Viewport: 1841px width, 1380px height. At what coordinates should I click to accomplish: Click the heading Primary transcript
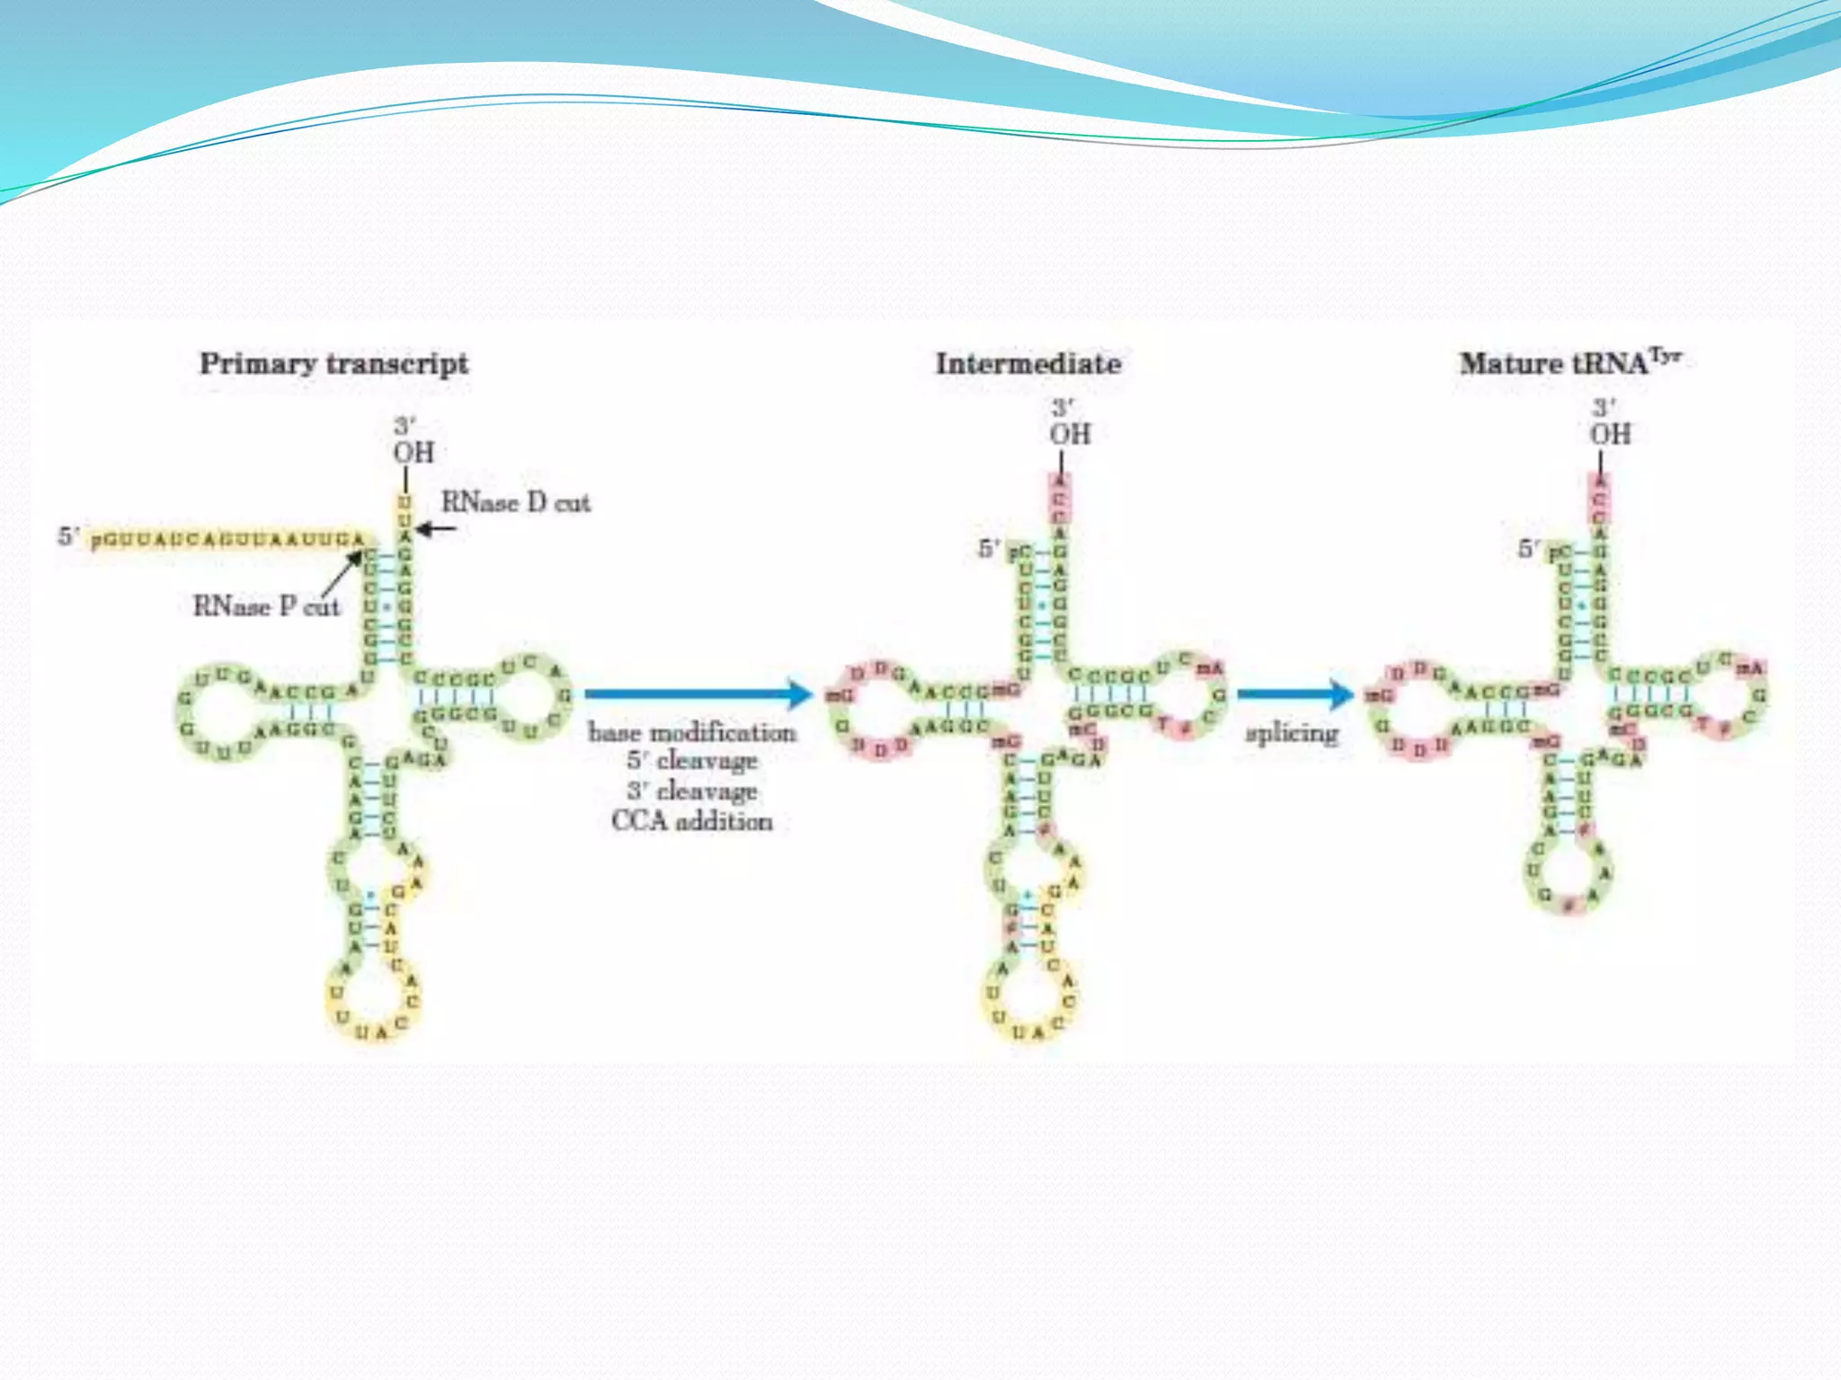click(334, 364)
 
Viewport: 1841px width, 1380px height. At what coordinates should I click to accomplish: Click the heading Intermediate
click(1028, 364)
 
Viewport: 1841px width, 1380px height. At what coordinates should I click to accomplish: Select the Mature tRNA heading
click(1569, 363)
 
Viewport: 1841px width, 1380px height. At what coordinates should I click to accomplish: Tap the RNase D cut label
click(516, 502)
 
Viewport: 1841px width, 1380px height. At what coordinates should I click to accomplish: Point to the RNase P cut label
click(266, 606)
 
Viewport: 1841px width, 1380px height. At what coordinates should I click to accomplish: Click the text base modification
click(692, 732)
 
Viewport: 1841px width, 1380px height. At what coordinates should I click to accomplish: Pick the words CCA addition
click(692, 821)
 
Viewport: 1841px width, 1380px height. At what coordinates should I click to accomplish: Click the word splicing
click(1292, 733)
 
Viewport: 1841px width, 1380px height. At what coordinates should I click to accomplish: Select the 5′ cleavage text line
click(692, 761)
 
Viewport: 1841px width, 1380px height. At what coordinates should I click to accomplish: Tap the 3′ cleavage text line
click(692, 792)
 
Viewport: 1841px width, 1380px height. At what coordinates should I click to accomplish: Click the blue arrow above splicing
click(1294, 694)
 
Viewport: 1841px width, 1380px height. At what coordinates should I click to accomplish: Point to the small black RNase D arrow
click(436, 528)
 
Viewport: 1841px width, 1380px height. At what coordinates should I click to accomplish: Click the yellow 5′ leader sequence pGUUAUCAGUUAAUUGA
click(230, 539)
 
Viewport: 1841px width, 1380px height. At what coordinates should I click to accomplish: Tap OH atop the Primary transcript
click(414, 452)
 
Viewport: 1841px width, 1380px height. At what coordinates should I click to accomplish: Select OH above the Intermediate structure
click(1070, 434)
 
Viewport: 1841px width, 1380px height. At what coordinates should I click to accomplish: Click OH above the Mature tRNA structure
click(1610, 434)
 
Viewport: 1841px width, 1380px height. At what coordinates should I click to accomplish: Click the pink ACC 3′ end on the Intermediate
click(1061, 499)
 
